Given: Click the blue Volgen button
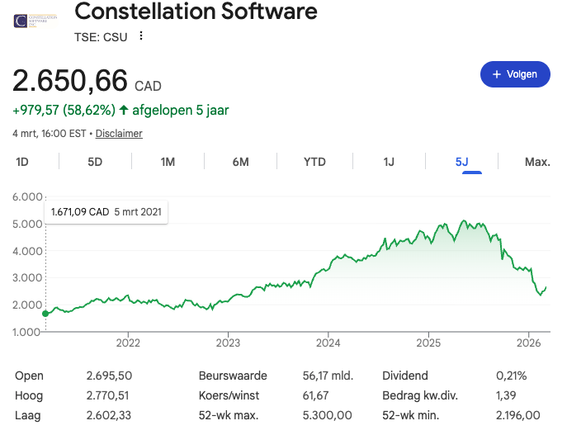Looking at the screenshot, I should (x=515, y=74).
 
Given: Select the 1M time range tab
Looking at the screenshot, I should (x=168, y=162).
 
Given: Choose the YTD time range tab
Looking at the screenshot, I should (x=314, y=162).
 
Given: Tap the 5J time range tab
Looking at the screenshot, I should (x=462, y=162).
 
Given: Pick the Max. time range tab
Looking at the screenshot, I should (x=537, y=162).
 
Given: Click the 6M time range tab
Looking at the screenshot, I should (x=240, y=162).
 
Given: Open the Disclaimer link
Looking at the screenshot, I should (x=119, y=134).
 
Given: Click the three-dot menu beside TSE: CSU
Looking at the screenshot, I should (x=141, y=35).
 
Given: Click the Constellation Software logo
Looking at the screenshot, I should (x=32, y=18).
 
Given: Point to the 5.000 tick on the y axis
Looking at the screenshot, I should (x=28, y=224).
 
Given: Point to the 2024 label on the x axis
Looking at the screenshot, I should (x=328, y=343).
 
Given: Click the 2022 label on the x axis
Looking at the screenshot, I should (x=128, y=343).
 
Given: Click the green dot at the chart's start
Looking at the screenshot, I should (x=45, y=314).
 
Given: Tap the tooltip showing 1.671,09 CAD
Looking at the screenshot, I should (x=106, y=212).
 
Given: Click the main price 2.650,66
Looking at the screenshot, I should (x=70, y=82).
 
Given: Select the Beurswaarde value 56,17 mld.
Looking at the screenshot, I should (x=328, y=376).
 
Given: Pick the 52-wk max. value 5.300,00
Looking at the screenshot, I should (x=328, y=415).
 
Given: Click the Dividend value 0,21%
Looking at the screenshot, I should (x=511, y=376).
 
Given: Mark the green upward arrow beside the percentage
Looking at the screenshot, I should (x=124, y=110).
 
